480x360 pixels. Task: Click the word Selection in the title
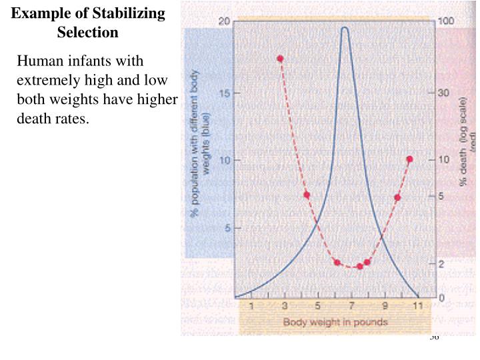coord(87,32)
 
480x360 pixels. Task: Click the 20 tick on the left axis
coord(225,21)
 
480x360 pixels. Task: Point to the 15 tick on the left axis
coord(225,93)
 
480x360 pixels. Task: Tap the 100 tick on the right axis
coord(445,21)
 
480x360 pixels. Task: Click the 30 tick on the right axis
coord(443,93)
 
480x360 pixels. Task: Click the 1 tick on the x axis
coord(251,306)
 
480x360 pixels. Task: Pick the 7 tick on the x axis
coord(351,306)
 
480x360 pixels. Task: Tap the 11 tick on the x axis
coord(417,306)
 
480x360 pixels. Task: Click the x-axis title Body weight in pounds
coord(335,322)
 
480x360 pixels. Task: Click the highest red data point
coord(280,59)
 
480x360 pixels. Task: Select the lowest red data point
coord(359,266)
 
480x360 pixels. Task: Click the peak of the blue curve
coord(345,28)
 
